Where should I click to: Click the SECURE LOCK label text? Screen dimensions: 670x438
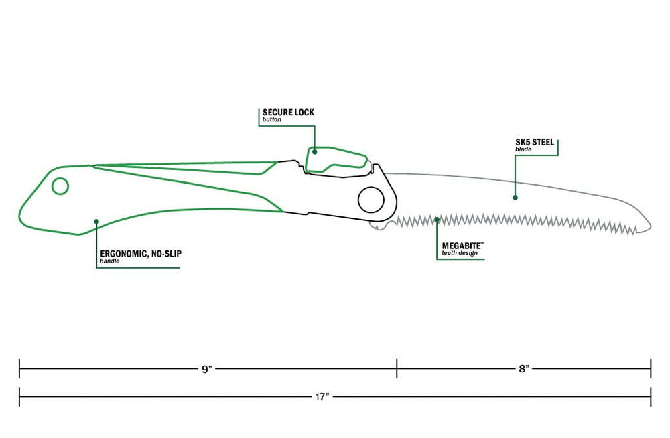coord(288,113)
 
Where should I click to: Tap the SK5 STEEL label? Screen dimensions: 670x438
coord(535,142)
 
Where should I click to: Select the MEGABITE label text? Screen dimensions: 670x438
coord(462,246)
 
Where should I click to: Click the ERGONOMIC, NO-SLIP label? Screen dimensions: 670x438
coord(141,254)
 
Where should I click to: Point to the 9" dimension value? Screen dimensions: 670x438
coord(207,369)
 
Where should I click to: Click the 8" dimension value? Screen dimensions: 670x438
coord(524,369)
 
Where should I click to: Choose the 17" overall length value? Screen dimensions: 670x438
coord(322,397)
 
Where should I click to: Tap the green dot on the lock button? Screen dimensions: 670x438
coord(314,151)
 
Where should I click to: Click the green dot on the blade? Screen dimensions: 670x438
coord(515,198)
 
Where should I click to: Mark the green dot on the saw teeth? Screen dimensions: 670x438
coord(437,220)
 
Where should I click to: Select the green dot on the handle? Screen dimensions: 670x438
coord(96,222)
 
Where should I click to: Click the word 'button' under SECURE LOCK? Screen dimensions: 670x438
coord(272,120)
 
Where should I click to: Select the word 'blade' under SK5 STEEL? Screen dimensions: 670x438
coord(523,149)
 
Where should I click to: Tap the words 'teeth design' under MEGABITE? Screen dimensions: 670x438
coord(460,253)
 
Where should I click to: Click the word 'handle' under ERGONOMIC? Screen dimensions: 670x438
coord(110,261)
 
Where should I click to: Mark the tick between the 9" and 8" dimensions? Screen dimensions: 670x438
coord(397,368)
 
